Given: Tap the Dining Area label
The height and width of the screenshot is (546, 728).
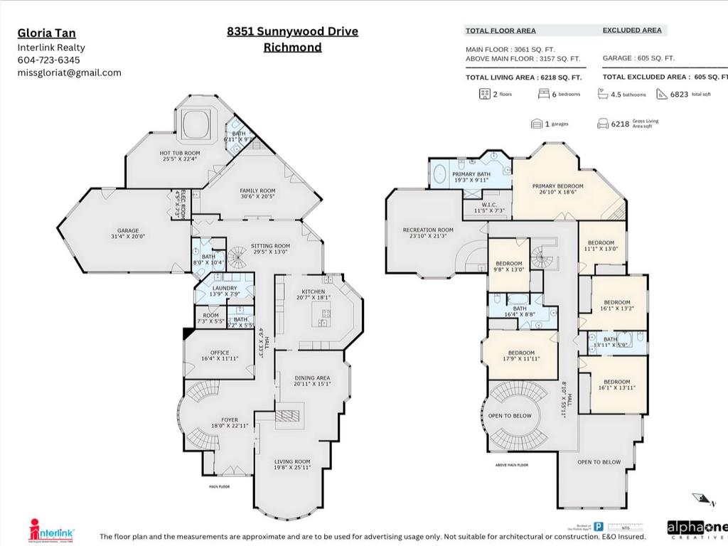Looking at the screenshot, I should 311,380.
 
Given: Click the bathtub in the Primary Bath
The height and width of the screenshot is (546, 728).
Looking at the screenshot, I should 439,174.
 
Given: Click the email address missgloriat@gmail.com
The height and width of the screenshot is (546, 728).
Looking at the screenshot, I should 69,73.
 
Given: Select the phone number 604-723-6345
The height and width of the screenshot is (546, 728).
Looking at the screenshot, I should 48,60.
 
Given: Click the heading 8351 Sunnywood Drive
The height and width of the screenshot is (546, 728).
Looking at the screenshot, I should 292,31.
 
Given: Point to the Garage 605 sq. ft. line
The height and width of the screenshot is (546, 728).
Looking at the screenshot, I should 638,58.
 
